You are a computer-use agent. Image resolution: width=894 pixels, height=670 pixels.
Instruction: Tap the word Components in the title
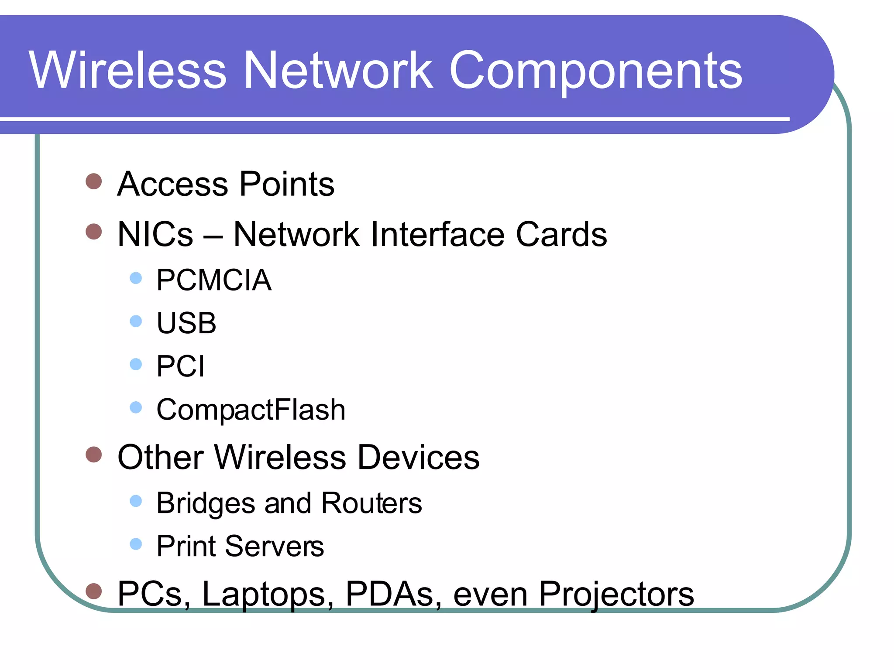coord(595,71)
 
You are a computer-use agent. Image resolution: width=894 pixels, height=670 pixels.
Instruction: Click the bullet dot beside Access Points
coord(94,181)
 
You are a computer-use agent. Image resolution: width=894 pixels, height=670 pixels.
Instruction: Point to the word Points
coord(287,184)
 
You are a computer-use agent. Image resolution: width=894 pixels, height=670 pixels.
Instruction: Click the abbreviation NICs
coord(155,234)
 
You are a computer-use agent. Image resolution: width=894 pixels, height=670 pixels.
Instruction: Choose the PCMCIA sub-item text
coord(214,280)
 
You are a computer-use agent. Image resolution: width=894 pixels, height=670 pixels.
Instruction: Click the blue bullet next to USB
coord(136,321)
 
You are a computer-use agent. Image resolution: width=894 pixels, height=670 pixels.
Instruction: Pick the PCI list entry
coord(180,366)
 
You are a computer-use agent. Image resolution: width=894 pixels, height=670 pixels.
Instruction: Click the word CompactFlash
coord(251,410)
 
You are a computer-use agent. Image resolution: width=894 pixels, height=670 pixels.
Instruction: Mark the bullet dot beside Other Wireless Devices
coord(94,455)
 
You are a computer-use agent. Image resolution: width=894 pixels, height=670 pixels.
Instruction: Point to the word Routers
coord(371,503)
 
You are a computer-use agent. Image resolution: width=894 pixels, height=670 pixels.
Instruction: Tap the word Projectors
coord(616,594)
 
